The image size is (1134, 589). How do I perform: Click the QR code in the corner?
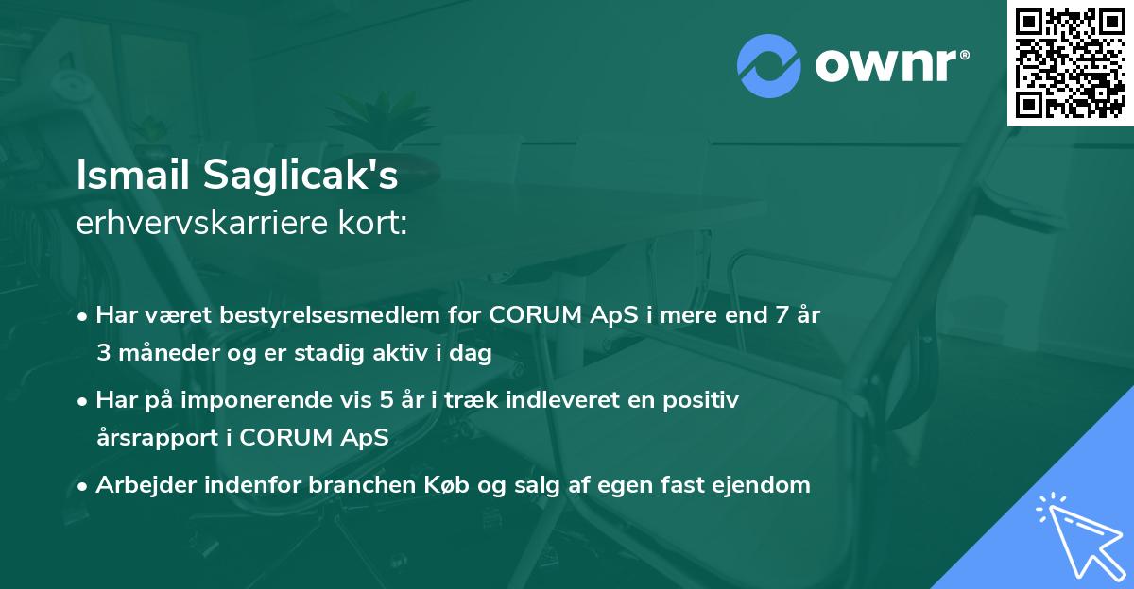pos(1070,62)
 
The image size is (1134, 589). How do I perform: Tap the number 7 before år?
pos(782,315)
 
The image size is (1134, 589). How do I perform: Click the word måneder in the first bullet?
pos(163,353)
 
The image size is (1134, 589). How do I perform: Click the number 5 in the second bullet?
pos(386,400)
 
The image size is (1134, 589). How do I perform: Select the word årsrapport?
pos(155,438)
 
